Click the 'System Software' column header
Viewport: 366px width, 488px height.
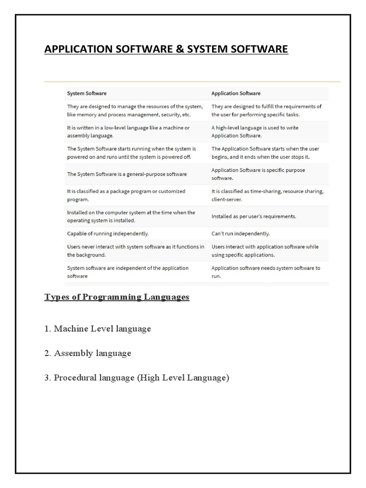(87, 93)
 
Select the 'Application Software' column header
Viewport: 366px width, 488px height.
(236, 93)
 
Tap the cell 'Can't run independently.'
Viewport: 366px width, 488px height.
(241, 234)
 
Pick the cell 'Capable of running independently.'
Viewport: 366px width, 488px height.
(108, 234)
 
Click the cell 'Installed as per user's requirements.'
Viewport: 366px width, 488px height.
(254, 216)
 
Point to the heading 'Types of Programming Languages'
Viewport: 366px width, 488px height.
(117, 297)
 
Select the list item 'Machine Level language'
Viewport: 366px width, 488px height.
(102, 329)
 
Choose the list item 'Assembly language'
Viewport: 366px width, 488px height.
(92, 354)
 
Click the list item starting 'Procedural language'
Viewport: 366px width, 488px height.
(141, 378)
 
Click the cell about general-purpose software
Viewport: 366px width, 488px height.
(127, 174)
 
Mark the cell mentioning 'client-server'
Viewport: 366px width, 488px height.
(267, 195)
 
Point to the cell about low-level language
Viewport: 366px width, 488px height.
(128, 132)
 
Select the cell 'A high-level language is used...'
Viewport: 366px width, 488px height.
(255, 132)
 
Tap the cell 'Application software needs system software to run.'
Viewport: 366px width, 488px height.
(265, 272)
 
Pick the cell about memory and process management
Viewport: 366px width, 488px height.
(135, 111)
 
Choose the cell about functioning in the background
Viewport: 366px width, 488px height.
(136, 251)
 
